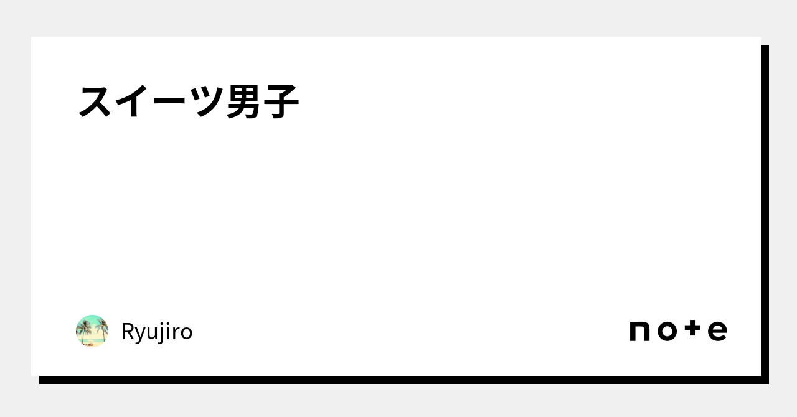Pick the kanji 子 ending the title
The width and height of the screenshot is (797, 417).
280,101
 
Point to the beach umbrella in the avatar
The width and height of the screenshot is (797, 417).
91,343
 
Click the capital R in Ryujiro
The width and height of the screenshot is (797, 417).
128,331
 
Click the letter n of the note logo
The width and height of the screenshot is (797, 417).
639,331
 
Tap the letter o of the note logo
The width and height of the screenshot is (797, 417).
667,331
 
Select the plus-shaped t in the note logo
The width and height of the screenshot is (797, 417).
692,328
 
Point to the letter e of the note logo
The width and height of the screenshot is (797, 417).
717,331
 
